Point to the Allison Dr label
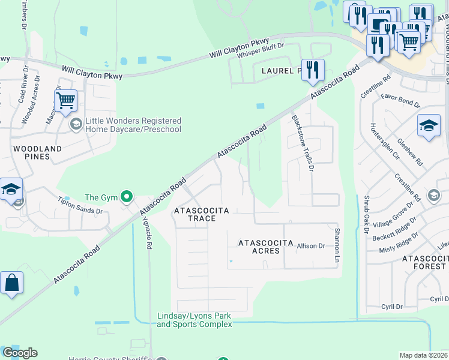[310, 245]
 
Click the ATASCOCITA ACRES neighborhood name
[267, 247]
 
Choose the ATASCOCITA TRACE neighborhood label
[194, 215]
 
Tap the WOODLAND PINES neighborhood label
[37, 152]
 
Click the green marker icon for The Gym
[126, 196]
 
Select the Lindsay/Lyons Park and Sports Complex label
[194, 320]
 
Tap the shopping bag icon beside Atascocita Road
[11, 283]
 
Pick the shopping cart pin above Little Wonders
[65, 100]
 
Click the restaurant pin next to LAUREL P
[312, 70]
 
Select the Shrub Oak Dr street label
[366, 212]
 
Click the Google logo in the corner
[20, 353]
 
